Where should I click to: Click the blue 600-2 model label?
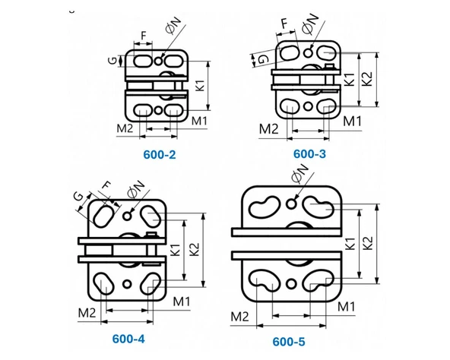coord(160,155)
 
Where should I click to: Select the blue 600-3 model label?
coord(309,154)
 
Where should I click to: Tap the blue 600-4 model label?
coord(128,339)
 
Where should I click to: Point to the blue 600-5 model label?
coord(289,342)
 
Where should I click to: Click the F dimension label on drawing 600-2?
coord(144,36)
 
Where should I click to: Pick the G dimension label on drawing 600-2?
coord(113,61)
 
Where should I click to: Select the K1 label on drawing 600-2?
coord(201,85)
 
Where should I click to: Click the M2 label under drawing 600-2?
coord(125,128)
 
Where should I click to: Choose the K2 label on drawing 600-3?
coord(367,78)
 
